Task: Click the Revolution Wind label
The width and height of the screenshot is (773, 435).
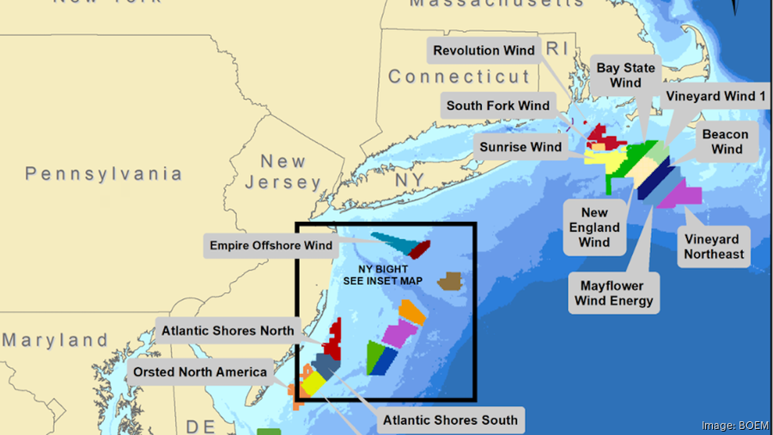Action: [x=484, y=51]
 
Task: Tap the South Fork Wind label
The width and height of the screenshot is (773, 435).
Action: [x=497, y=107]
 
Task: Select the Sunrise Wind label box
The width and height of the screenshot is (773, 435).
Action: [x=520, y=147]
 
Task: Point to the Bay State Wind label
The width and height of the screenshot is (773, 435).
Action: [x=625, y=76]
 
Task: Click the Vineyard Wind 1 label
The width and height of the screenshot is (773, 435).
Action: [x=715, y=96]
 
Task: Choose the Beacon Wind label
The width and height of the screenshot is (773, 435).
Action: [x=726, y=142]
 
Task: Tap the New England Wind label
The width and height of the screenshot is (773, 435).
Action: [x=594, y=228]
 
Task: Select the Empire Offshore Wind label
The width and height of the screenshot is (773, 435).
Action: [x=271, y=246]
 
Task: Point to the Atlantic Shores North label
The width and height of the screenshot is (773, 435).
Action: [x=228, y=330]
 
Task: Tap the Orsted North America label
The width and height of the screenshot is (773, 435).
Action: [x=198, y=372]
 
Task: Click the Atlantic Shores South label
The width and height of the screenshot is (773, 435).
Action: [x=450, y=420]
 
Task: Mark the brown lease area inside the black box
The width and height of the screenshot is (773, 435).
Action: [x=449, y=281]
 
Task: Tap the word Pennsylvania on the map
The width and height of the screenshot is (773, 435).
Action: [x=103, y=175]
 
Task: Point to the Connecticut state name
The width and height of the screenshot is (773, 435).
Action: [x=460, y=77]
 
